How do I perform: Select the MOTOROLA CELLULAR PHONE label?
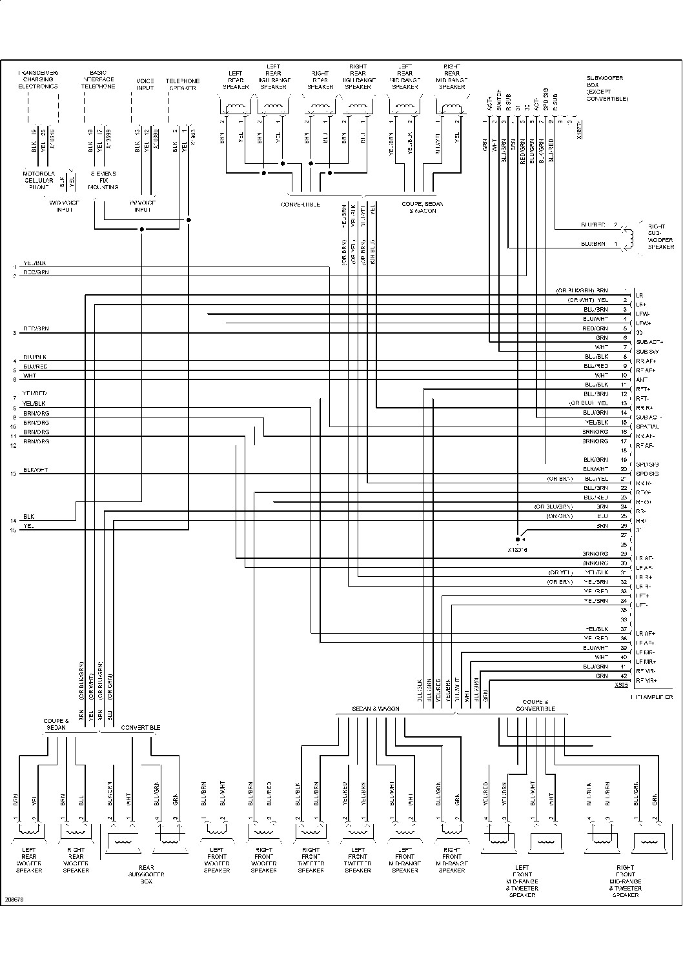click(x=39, y=180)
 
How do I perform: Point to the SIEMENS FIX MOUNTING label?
click(x=103, y=180)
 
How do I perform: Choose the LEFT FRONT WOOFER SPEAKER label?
click(x=216, y=860)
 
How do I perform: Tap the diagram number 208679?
click(x=14, y=898)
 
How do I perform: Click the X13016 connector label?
click(x=518, y=550)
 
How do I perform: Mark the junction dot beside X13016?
click(x=518, y=539)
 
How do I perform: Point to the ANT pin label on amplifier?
click(x=641, y=379)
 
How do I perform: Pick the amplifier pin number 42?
click(x=623, y=676)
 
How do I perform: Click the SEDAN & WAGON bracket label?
click(x=376, y=709)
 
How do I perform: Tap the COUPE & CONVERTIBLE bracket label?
click(x=535, y=705)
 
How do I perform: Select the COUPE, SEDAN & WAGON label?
click(x=419, y=207)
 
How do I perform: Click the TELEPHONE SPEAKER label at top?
click(x=183, y=84)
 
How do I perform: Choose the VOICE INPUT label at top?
click(x=145, y=84)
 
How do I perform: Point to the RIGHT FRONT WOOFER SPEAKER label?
click(x=263, y=860)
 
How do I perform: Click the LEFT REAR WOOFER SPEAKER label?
click(x=29, y=860)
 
